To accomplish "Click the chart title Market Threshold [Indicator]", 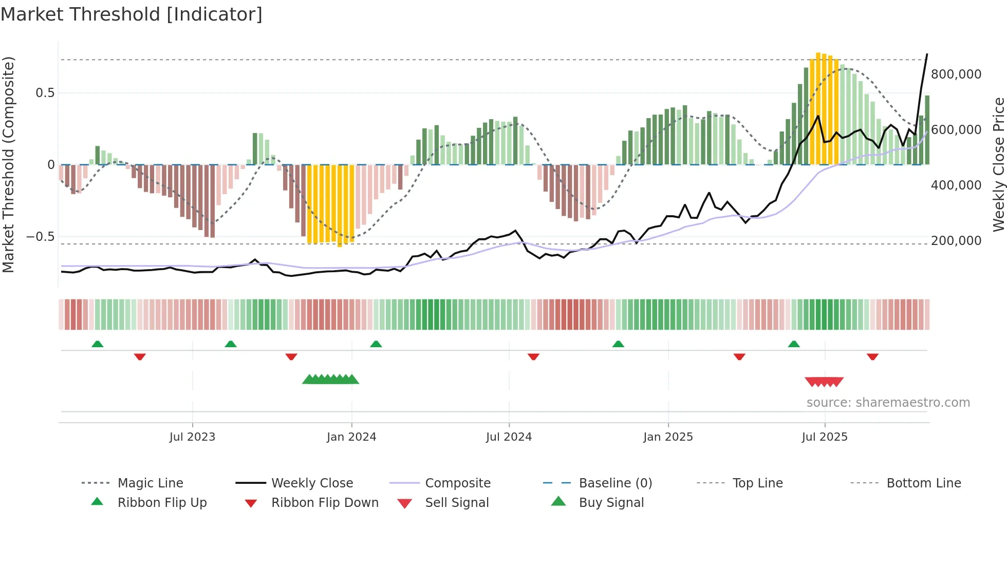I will pyautogui.click(x=132, y=14).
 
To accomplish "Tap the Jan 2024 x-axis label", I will pyautogui.click(x=351, y=437).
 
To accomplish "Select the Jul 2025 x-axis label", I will pyautogui.click(x=824, y=437).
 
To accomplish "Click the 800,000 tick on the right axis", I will pyautogui.click(x=956, y=74).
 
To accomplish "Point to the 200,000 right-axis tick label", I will pyautogui.click(x=956, y=241).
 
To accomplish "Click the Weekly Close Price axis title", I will pyautogui.click(x=998, y=164).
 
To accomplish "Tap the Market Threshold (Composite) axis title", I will pyautogui.click(x=8, y=164).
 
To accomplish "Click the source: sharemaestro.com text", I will pyautogui.click(x=888, y=403).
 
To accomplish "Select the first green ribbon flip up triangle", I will pyautogui.click(x=97, y=344).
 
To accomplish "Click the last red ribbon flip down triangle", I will pyautogui.click(x=872, y=356).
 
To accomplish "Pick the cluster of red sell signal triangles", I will pyautogui.click(x=824, y=382).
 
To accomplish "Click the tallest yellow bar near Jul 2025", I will pyautogui.click(x=818, y=108).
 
